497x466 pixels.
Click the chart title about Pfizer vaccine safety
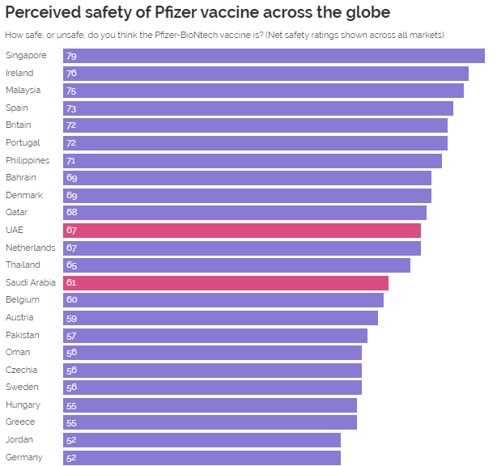tap(198, 13)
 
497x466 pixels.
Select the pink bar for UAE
tap(242, 231)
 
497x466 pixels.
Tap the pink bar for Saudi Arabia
tap(226, 283)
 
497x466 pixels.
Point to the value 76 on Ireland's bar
tap(71, 74)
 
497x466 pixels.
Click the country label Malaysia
tap(23, 91)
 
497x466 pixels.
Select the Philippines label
tap(28, 160)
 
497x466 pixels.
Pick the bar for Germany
tap(202, 458)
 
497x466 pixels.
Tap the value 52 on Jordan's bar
tap(71, 440)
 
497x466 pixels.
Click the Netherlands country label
tap(30, 248)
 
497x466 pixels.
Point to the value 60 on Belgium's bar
tap(71, 300)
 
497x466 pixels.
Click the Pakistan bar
tap(215, 335)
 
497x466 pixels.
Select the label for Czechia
tap(22, 370)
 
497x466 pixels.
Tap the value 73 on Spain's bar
tap(71, 108)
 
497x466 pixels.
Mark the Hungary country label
tap(23, 405)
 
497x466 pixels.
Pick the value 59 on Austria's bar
tap(71, 318)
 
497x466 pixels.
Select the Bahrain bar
tap(247, 178)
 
